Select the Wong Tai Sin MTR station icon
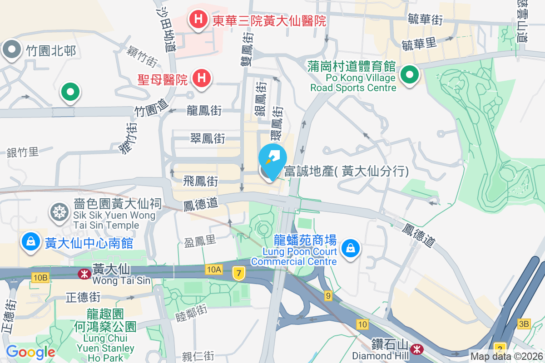[x=84, y=274]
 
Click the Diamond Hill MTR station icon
[x=416, y=349]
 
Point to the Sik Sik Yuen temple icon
[x=59, y=211]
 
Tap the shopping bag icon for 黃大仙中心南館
[x=30, y=241]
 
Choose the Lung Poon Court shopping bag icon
[x=351, y=248]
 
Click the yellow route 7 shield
[x=238, y=273]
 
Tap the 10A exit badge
[x=213, y=270]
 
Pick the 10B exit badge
[x=40, y=277]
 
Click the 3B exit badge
[x=524, y=324]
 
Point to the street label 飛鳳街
[x=200, y=181]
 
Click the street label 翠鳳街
[x=208, y=138]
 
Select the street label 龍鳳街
[x=204, y=110]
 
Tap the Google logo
[x=30, y=352]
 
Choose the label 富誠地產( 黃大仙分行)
[x=346, y=171]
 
